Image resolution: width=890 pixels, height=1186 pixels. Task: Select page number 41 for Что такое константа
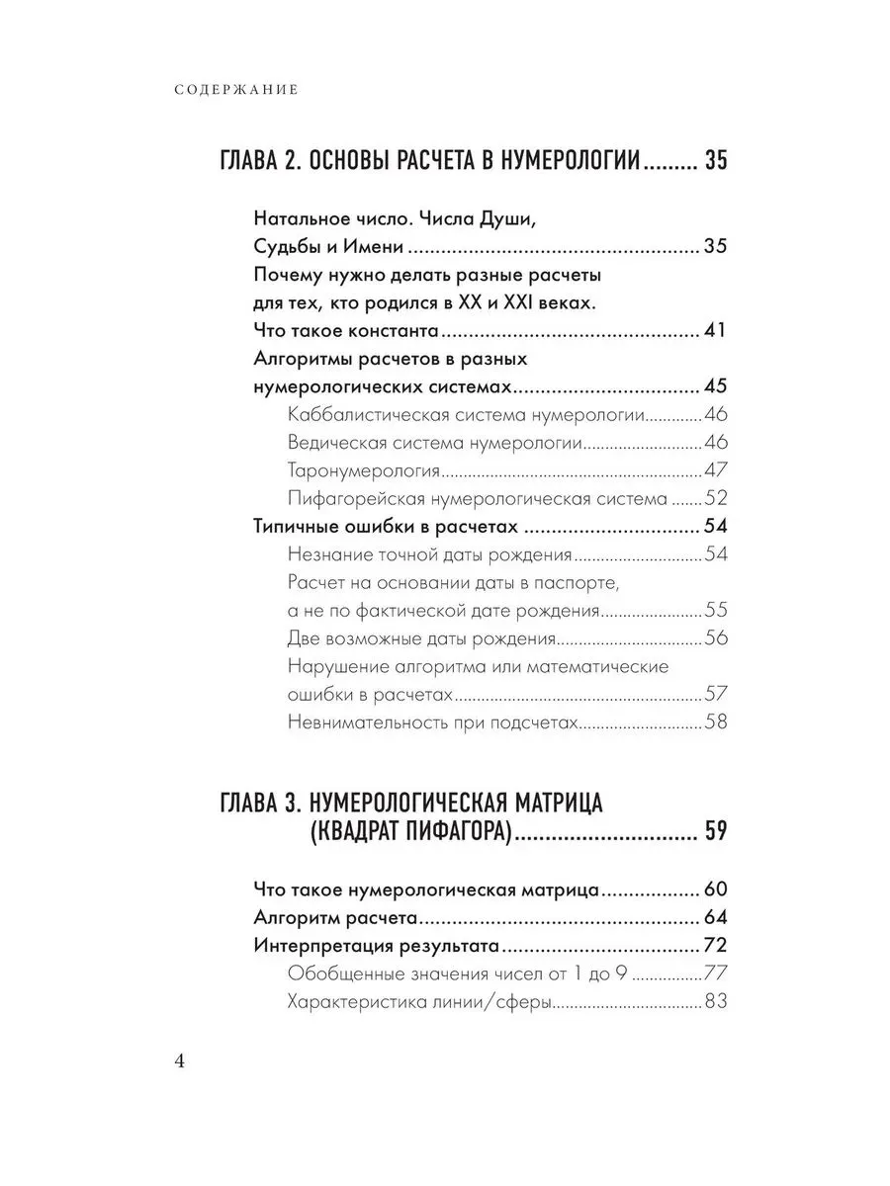click(x=714, y=329)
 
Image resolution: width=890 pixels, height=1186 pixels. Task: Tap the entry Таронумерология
click(x=363, y=469)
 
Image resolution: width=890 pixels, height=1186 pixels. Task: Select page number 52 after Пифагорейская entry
click(x=715, y=497)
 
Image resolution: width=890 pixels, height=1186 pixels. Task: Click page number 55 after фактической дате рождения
click(x=715, y=609)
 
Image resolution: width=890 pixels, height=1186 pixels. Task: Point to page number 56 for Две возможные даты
click(x=715, y=637)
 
